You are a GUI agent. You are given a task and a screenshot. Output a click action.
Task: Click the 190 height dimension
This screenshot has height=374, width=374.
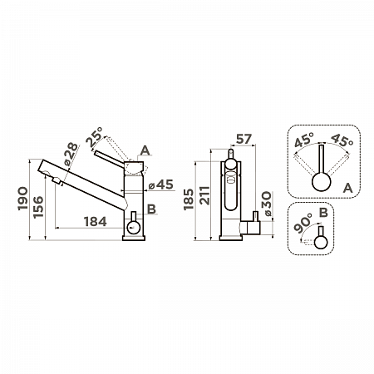pyautogui.click(x=22, y=199)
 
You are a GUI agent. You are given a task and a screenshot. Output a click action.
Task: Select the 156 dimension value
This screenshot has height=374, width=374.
pyautogui.click(x=38, y=207)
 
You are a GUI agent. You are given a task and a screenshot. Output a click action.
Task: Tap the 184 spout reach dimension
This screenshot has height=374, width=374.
pyautogui.click(x=95, y=222)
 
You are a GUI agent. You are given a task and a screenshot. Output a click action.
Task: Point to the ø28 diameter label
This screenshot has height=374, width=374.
pyautogui.click(x=71, y=154)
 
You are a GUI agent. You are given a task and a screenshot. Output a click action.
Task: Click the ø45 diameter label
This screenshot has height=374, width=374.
pyautogui.click(x=161, y=185)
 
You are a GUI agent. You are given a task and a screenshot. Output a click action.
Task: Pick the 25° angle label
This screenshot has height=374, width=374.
pyautogui.click(x=95, y=137)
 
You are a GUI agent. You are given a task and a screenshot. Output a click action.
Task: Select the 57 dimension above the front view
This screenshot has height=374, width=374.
pyautogui.click(x=244, y=139)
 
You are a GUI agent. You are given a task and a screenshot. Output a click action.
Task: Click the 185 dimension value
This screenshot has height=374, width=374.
pyautogui.click(x=189, y=199)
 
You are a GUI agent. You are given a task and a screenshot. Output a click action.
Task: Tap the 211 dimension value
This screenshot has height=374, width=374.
pyautogui.click(x=205, y=195)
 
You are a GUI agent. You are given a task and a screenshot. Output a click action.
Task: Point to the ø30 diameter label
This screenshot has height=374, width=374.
pyautogui.click(x=268, y=204)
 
